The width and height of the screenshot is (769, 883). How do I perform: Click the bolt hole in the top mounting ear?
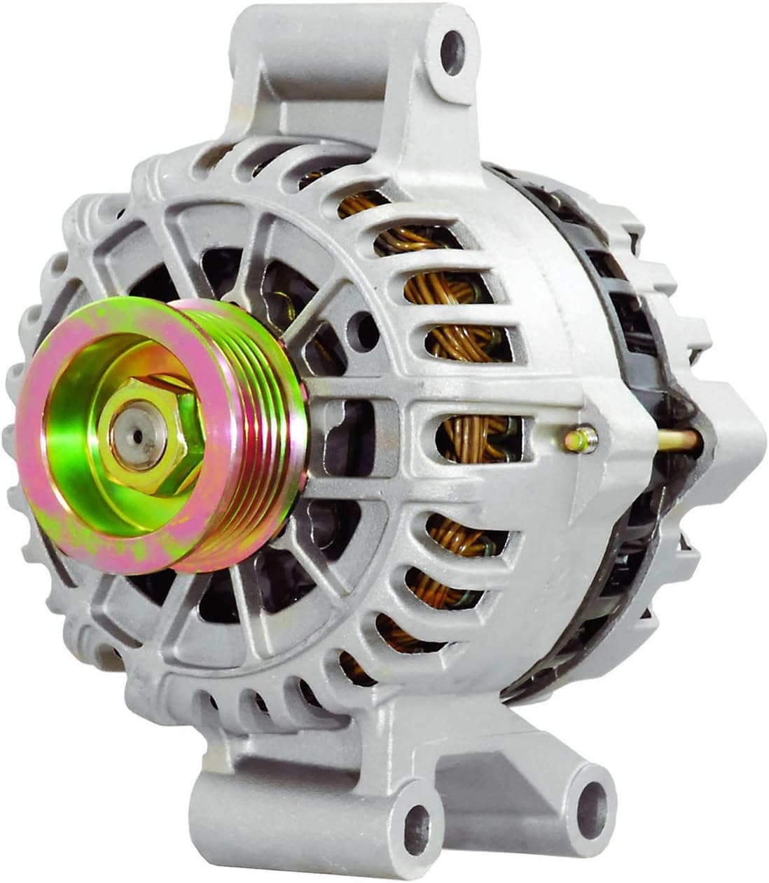[x=454, y=44]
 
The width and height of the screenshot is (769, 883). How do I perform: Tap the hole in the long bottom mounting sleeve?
[x=418, y=820]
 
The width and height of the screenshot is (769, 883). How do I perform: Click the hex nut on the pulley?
[x=151, y=435]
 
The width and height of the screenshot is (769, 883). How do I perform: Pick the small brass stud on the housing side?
[x=581, y=439]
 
